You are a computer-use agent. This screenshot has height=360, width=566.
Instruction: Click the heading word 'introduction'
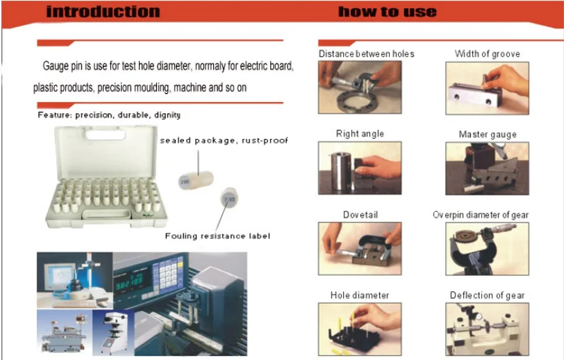click(x=103, y=12)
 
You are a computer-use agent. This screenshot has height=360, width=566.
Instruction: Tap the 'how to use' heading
click(x=388, y=12)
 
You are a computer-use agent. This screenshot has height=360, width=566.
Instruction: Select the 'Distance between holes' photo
click(x=360, y=88)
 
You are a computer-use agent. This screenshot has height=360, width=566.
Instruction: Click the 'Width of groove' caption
click(x=488, y=54)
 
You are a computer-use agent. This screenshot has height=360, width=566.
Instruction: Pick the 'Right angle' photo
click(x=360, y=168)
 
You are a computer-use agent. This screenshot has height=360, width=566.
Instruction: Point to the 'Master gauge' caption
click(x=488, y=134)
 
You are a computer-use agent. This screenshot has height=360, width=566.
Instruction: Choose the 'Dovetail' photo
click(x=360, y=249)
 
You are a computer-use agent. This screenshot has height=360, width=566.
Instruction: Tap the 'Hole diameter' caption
click(x=360, y=295)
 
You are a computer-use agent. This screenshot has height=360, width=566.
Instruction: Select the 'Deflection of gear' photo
click(x=488, y=329)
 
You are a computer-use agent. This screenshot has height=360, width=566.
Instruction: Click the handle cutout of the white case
click(x=106, y=135)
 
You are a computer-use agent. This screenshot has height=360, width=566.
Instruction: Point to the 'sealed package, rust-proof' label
click(x=224, y=140)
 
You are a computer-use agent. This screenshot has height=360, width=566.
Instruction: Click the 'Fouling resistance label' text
click(x=217, y=236)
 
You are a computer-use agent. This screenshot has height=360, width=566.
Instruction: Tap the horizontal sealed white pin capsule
click(x=196, y=180)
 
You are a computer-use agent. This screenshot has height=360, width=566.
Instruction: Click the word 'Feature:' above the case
click(x=54, y=115)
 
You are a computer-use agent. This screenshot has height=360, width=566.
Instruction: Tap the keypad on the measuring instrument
click(x=167, y=276)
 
